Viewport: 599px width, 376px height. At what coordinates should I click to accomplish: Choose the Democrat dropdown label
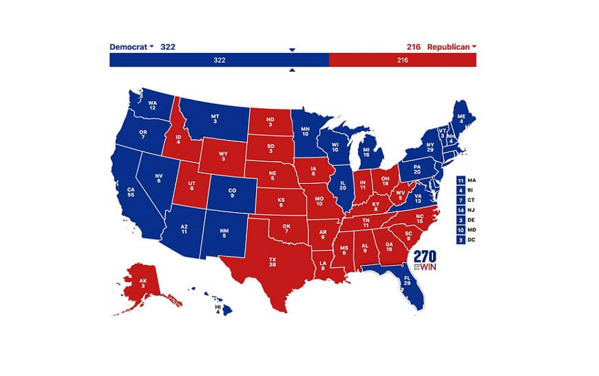(x=132, y=47)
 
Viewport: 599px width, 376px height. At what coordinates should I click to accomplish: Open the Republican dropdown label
(x=451, y=47)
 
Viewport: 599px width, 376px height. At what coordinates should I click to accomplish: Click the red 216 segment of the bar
(x=403, y=61)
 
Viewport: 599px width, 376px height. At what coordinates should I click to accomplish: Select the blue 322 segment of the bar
(x=219, y=61)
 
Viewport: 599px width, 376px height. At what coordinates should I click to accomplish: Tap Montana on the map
(x=215, y=118)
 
